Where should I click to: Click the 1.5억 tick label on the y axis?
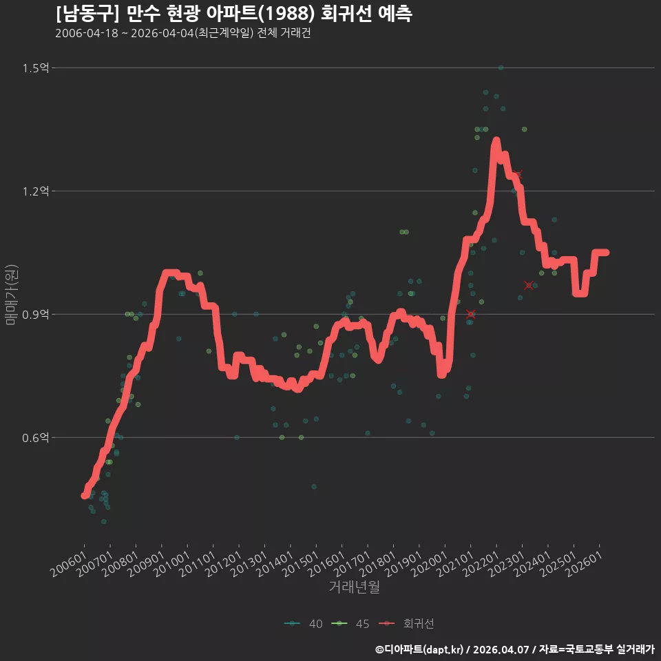click(x=35, y=68)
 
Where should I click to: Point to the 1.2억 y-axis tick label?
click(x=35, y=191)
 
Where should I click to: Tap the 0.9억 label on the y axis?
click(x=35, y=315)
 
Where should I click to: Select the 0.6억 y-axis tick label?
click(x=35, y=438)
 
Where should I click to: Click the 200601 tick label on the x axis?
click(x=67, y=564)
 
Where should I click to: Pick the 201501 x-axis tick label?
click(x=299, y=564)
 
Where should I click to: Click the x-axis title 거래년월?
click(x=354, y=587)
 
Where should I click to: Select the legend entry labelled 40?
click(x=304, y=624)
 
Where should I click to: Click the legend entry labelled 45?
click(x=350, y=624)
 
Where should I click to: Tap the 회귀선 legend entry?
click(x=406, y=624)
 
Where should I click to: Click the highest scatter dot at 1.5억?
click(x=501, y=67)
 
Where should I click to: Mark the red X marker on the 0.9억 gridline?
click(x=471, y=314)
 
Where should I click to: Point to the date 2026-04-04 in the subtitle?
click(x=162, y=33)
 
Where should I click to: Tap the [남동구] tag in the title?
click(x=87, y=14)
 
